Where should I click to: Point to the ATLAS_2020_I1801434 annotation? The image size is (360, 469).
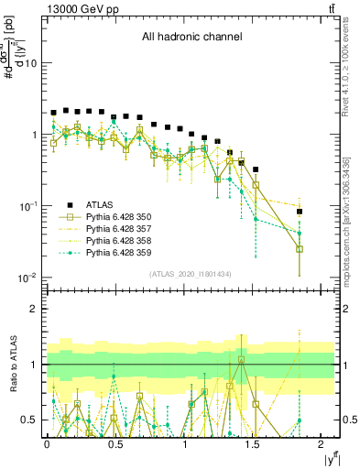(x=190, y=274)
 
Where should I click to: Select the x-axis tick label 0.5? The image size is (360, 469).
(x=115, y=443)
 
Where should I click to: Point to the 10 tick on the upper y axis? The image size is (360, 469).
(x=30, y=63)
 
